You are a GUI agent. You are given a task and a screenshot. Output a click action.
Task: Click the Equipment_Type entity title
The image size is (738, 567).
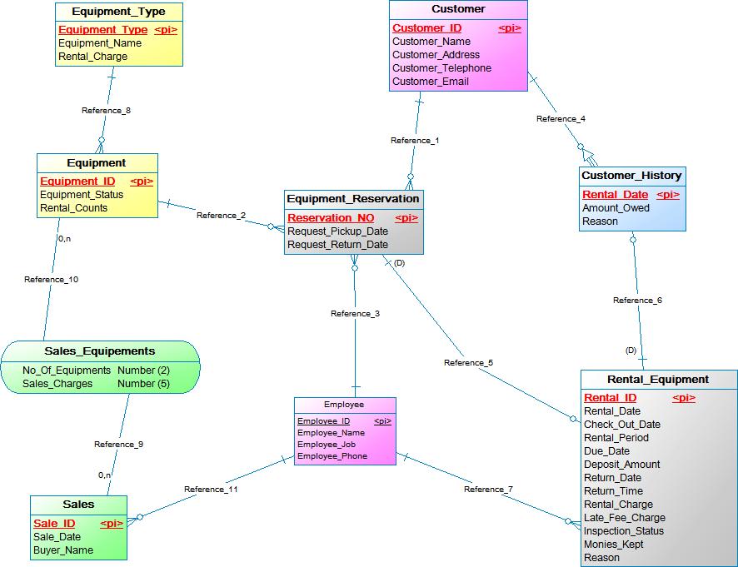[x=118, y=12]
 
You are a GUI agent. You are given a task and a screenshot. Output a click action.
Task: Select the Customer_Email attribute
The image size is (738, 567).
[x=431, y=82]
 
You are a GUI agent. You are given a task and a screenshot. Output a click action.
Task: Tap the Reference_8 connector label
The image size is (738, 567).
[x=106, y=110]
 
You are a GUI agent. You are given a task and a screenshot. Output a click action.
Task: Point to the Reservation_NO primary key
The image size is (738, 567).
[x=331, y=218]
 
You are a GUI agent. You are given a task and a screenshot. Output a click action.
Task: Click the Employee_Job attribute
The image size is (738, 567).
[x=327, y=445]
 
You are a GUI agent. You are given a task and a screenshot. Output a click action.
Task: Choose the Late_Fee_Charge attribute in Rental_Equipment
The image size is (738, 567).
[x=624, y=518]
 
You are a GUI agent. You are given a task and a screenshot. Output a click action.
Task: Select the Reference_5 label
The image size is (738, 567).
[x=468, y=363]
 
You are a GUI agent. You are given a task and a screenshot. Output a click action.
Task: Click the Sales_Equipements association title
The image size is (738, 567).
[x=100, y=351]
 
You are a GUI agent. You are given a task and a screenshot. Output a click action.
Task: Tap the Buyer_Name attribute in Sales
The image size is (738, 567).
[x=63, y=550]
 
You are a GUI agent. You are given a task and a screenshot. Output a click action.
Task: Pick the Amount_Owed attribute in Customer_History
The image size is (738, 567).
[x=616, y=208]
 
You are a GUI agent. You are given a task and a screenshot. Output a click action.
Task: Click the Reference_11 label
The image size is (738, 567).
[x=211, y=490]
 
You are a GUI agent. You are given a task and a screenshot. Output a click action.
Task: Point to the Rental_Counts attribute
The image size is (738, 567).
[x=73, y=208]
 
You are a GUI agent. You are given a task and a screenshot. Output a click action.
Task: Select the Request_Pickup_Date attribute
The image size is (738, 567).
[x=337, y=231]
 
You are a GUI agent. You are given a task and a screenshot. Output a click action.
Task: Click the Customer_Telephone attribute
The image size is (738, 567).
[x=441, y=68]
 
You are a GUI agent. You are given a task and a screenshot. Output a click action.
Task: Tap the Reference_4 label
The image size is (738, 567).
[x=561, y=119]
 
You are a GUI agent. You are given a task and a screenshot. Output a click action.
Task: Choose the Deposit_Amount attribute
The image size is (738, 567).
[x=621, y=465]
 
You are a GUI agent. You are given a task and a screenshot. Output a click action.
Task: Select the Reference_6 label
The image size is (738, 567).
[x=637, y=301]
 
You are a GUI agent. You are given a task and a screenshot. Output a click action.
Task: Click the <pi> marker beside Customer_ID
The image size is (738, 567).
[x=510, y=28]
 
